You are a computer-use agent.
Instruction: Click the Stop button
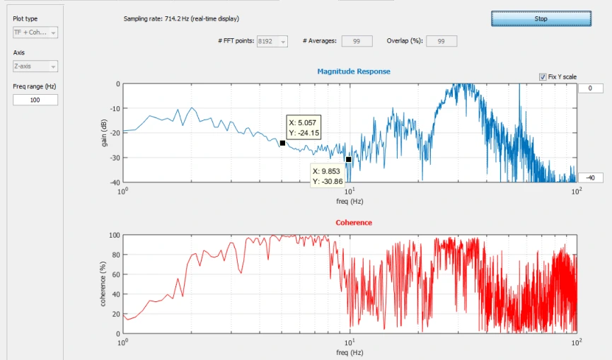[541, 18]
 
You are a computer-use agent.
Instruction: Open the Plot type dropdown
[35, 33]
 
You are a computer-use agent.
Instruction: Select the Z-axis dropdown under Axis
[35, 66]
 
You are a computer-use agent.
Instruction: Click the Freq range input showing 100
[35, 100]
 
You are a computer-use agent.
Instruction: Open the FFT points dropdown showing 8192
[272, 41]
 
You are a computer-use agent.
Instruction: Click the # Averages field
[357, 41]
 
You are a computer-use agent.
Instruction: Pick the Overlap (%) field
[441, 41]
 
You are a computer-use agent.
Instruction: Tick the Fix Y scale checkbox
[543, 77]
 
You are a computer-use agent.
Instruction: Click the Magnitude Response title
[354, 71]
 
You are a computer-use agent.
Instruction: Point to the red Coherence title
[354, 223]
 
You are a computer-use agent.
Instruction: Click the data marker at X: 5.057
[282, 143]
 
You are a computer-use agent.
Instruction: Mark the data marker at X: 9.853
[349, 160]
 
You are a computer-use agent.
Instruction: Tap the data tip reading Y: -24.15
[304, 127]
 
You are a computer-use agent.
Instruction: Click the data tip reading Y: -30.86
[328, 176]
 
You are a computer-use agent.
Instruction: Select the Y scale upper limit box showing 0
[590, 88]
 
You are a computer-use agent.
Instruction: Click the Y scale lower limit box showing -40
[590, 178]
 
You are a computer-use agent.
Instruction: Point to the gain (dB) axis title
[104, 133]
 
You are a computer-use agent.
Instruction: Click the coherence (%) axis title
[103, 284]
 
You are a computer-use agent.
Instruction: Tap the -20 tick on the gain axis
[115, 133]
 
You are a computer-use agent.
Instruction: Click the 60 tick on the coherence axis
[116, 274]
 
